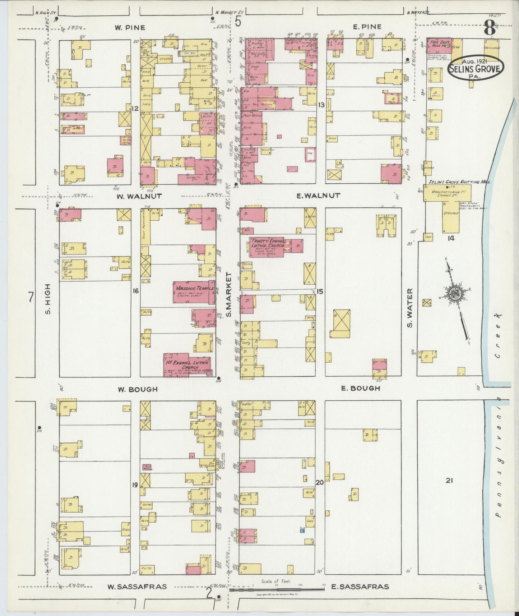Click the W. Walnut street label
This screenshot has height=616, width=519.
pos(134,196)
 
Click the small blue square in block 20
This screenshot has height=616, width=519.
pos(302,530)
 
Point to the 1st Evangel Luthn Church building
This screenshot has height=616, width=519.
pos(187,365)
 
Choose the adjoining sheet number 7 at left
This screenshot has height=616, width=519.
pos(32,297)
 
